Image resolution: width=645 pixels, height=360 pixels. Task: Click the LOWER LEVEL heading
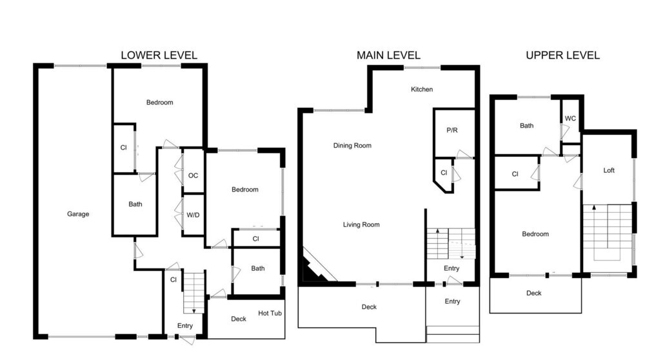point(159,55)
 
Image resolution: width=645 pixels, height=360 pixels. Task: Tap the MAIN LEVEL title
point(388,55)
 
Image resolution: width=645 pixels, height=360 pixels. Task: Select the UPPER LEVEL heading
point(562,55)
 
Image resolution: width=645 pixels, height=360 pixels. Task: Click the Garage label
point(78,214)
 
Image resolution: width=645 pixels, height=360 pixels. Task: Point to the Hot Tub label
point(270,313)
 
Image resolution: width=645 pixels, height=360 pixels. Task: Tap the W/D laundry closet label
point(193,215)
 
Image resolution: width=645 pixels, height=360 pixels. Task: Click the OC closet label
point(193,175)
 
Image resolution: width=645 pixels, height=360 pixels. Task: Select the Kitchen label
point(422,89)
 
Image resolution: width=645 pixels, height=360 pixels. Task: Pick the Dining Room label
point(352,146)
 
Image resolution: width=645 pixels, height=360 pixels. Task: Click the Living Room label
point(361,225)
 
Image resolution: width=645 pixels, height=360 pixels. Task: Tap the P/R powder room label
point(452,130)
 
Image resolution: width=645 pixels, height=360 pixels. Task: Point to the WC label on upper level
point(570,119)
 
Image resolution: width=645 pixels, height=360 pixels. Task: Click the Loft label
point(609,170)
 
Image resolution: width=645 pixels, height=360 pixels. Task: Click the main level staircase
point(451,244)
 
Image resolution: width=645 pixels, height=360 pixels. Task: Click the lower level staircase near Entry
point(193,292)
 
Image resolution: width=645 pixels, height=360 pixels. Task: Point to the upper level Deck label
point(533,294)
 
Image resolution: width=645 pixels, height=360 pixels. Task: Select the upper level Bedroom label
point(535,234)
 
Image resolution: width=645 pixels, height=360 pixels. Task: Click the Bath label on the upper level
point(526,126)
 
